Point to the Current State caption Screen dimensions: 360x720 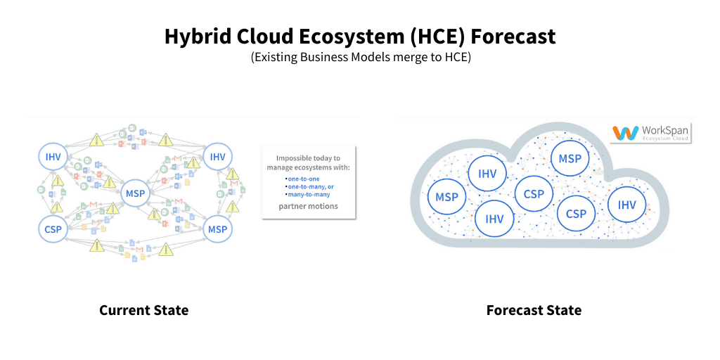143,310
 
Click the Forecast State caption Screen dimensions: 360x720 534,310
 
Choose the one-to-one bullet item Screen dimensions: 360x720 303,179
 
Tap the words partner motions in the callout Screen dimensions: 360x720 308,206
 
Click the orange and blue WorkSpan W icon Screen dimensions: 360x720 625,132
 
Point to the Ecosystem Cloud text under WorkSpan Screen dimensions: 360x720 665,139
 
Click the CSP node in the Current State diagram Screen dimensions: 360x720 53,229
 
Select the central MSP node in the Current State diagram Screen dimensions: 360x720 135,193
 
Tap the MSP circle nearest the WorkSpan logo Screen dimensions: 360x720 570,159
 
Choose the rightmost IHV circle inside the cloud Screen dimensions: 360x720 626,205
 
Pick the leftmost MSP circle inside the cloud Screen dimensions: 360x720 446,197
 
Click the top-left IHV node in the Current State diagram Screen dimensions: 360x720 53,157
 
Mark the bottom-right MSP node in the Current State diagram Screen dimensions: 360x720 218,229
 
